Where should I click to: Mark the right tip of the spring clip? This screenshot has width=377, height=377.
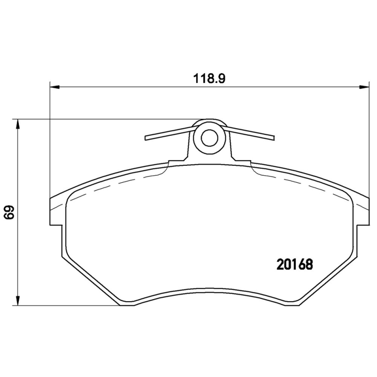click(271, 138)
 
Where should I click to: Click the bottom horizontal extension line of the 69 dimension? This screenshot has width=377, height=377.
click(71, 305)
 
